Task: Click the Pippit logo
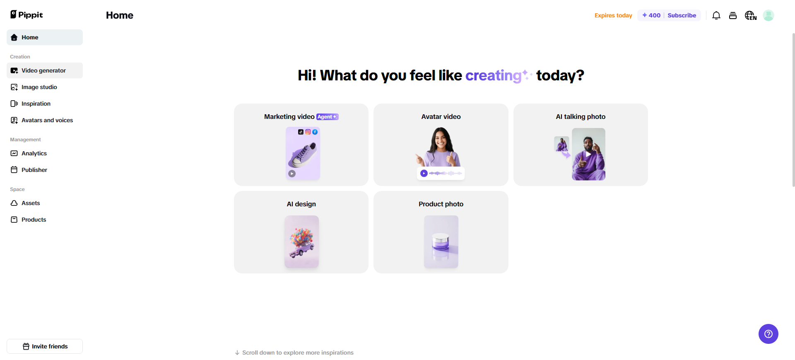pyautogui.click(x=26, y=15)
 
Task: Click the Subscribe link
pyautogui.click(x=682, y=15)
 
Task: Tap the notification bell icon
pyautogui.click(x=716, y=15)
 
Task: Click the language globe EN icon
pyautogui.click(x=751, y=15)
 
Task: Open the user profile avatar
pyautogui.click(x=768, y=15)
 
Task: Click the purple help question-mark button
pyautogui.click(x=768, y=334)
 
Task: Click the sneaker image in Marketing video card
pyautogui.click(x=303, y=153)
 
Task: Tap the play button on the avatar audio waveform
pyautogui.click(x=424, y=173)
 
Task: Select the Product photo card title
pyautogui.click(x=441, y=204)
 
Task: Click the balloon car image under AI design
pyautogui.click(x=301, y=242)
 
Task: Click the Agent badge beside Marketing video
pyautogui.click(x=328, y=117)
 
